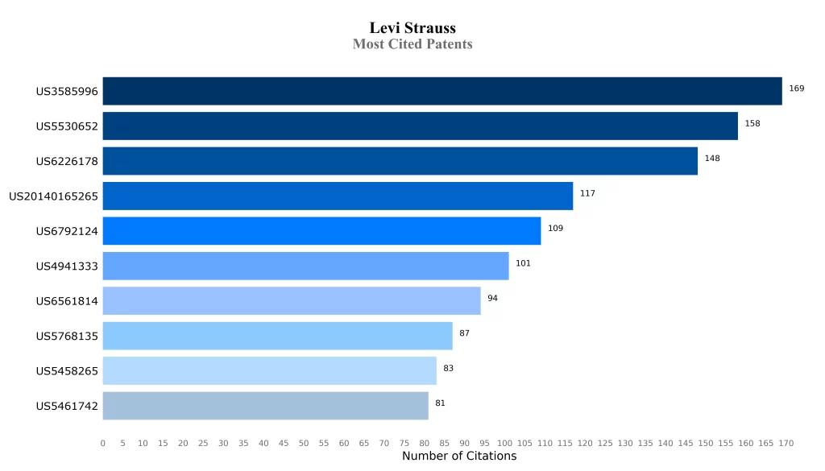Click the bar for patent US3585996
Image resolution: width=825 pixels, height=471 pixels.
click(x=442, y=91)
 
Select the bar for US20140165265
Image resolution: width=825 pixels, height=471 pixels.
click(x=338, y=196)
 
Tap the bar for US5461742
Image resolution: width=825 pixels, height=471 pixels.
click(x=265, y=406)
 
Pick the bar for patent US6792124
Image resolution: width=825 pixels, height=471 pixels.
click(x=321, y=231)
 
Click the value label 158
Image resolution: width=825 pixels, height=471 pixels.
click(x=752, y=124)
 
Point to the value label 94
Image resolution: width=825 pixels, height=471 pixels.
click(x=492, y=299)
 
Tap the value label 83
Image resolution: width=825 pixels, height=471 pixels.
click(x=448, y=369)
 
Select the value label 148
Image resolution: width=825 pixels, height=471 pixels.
click(x=711, y=159)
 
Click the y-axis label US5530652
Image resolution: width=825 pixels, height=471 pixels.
click(x=67, y=126)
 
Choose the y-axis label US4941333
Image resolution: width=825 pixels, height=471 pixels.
click(x=67, y=266)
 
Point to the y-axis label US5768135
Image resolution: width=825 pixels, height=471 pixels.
click(x=67, y=337)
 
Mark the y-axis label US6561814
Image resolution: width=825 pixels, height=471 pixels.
click(x=67, y=301)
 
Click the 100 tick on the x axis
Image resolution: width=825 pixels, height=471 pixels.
click(x=504, y=444)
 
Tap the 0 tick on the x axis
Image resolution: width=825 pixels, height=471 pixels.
click(x=103, y=444)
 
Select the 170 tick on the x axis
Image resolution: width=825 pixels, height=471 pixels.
click(x=786, y=444)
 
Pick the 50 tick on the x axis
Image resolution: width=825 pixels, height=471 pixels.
click(x=304, y=444)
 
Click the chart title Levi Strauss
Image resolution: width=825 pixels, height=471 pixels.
click(x=412, y=28)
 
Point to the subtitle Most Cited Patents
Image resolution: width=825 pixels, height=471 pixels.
click(x=412, y=44)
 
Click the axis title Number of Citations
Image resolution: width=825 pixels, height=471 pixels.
click(x=459, y=457)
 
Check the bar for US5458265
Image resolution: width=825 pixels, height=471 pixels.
click(x=269, y=371)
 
